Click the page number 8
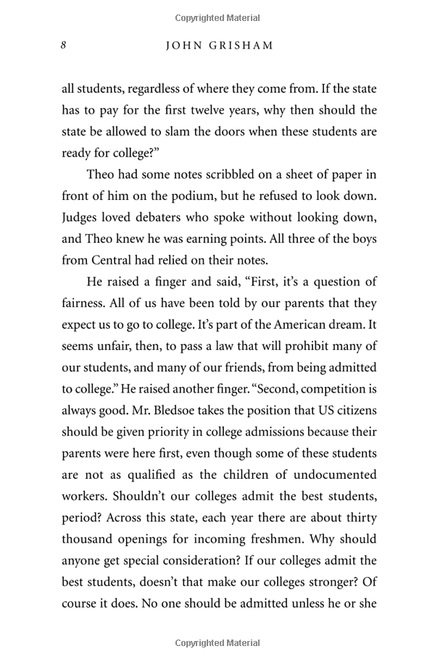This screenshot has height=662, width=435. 64,45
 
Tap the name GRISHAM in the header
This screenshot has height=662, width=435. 244,46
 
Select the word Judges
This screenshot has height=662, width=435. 80,218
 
